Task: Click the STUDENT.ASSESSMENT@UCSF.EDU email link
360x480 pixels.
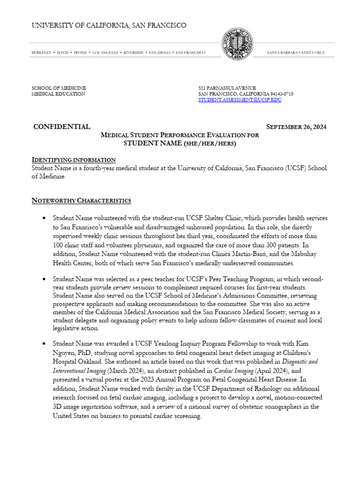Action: click(240, 100)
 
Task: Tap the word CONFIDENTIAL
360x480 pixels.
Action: click(62, 127)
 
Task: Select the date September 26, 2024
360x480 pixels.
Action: click(296, 127)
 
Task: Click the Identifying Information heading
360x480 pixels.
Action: click(74, 160)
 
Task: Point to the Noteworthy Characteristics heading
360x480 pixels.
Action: click(81, 201)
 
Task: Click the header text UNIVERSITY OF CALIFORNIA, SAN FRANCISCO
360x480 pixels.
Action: click(109, 25)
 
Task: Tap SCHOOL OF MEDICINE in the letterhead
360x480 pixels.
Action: click(59, 88)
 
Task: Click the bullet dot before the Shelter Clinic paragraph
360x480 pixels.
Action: click(44, 219)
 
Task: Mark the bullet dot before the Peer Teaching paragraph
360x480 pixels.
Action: click(44, 279)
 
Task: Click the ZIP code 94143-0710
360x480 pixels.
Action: click(279, 94)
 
